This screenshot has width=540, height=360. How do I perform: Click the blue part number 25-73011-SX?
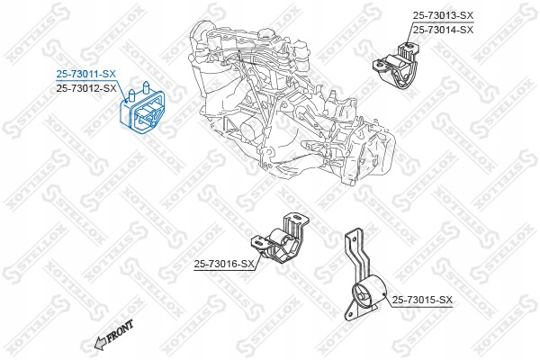85,75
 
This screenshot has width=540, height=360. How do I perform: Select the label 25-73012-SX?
85,88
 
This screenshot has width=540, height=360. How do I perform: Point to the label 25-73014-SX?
443,29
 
